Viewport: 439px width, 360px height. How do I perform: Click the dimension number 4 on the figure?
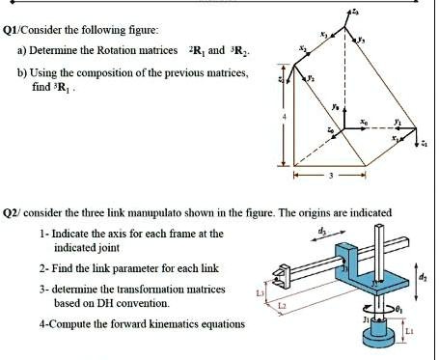(285, 119)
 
